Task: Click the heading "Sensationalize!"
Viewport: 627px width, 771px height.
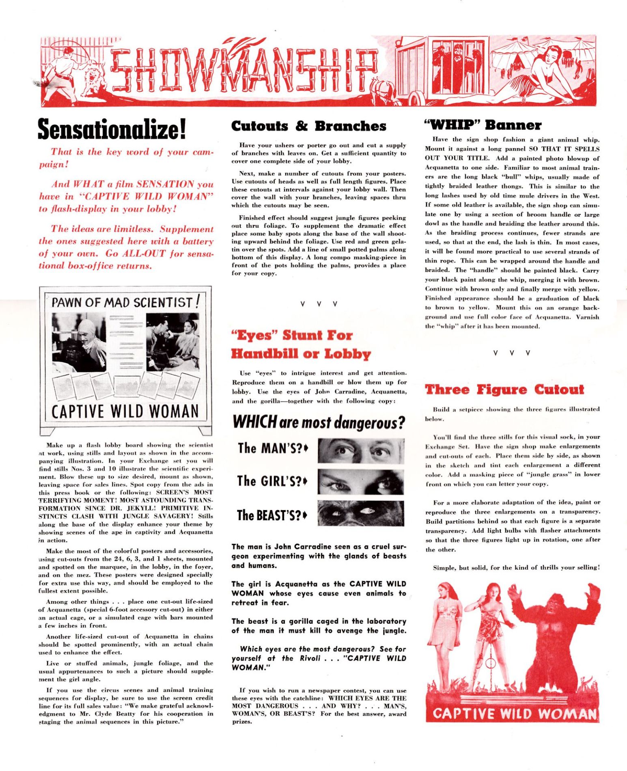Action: click(112, 129)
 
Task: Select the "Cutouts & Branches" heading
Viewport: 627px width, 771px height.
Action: click(308, 126)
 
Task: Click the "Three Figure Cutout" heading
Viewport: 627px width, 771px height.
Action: click(504, 390)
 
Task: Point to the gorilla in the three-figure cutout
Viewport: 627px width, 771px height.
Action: click(554, 637)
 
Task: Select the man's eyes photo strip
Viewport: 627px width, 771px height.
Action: click(361, 451)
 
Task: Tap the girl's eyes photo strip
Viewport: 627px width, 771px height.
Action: click(361, 482)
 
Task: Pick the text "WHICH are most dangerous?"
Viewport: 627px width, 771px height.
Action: click(319, 422)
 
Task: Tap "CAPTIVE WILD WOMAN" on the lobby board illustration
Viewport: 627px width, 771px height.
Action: click(125, 411)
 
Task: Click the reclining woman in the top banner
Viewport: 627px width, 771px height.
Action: click(544, 77)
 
